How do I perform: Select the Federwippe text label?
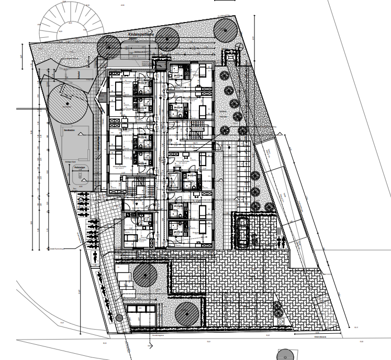pos(80,167)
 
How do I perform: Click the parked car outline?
pos(242,232)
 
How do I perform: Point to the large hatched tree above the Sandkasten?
pos(67,103)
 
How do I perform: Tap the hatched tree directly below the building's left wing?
pos(144,275)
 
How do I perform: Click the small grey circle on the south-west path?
pos(119,318)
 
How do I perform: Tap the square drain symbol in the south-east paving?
pos(281,321)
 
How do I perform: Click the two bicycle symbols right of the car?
pos(282,243)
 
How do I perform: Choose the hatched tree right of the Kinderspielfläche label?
pos(167,39)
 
